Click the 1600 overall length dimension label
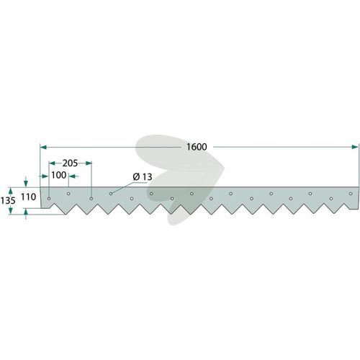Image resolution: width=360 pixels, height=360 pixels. [x=197, y=147]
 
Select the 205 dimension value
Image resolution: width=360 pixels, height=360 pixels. [x=70, y=163]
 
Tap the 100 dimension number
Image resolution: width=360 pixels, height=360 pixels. [x=59, y=175]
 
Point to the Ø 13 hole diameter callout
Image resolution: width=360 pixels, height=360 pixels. [x=143, y=177]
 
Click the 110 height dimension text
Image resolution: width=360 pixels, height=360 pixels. [x=28, y=197]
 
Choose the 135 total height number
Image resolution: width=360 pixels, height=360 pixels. [x=8, y=200]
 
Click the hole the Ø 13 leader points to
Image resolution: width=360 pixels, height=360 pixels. [x=111, y=194]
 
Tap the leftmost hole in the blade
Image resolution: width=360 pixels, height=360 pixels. [x=49, y=199]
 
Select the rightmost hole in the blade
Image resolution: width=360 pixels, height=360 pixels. [x=351, y=194]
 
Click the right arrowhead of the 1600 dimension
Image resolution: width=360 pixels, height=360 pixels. [x=355, y=147]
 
